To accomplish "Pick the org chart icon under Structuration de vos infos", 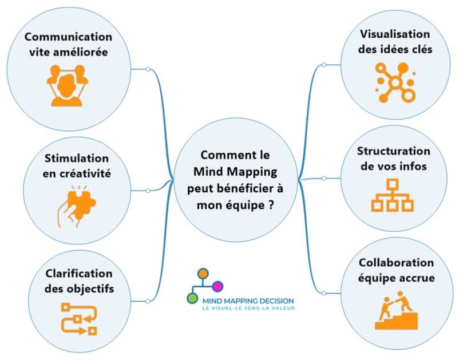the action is click(393, 196).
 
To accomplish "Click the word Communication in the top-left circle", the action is click(69, 37).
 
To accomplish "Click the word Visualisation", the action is click(394, 34).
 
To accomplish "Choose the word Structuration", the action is click(393, 151).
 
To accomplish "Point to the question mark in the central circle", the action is click(270, 204).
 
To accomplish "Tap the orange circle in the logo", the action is click(201, 273).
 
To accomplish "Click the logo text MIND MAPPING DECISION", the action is click(248, 300).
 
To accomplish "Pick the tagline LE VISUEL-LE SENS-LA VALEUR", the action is click(248, 308).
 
